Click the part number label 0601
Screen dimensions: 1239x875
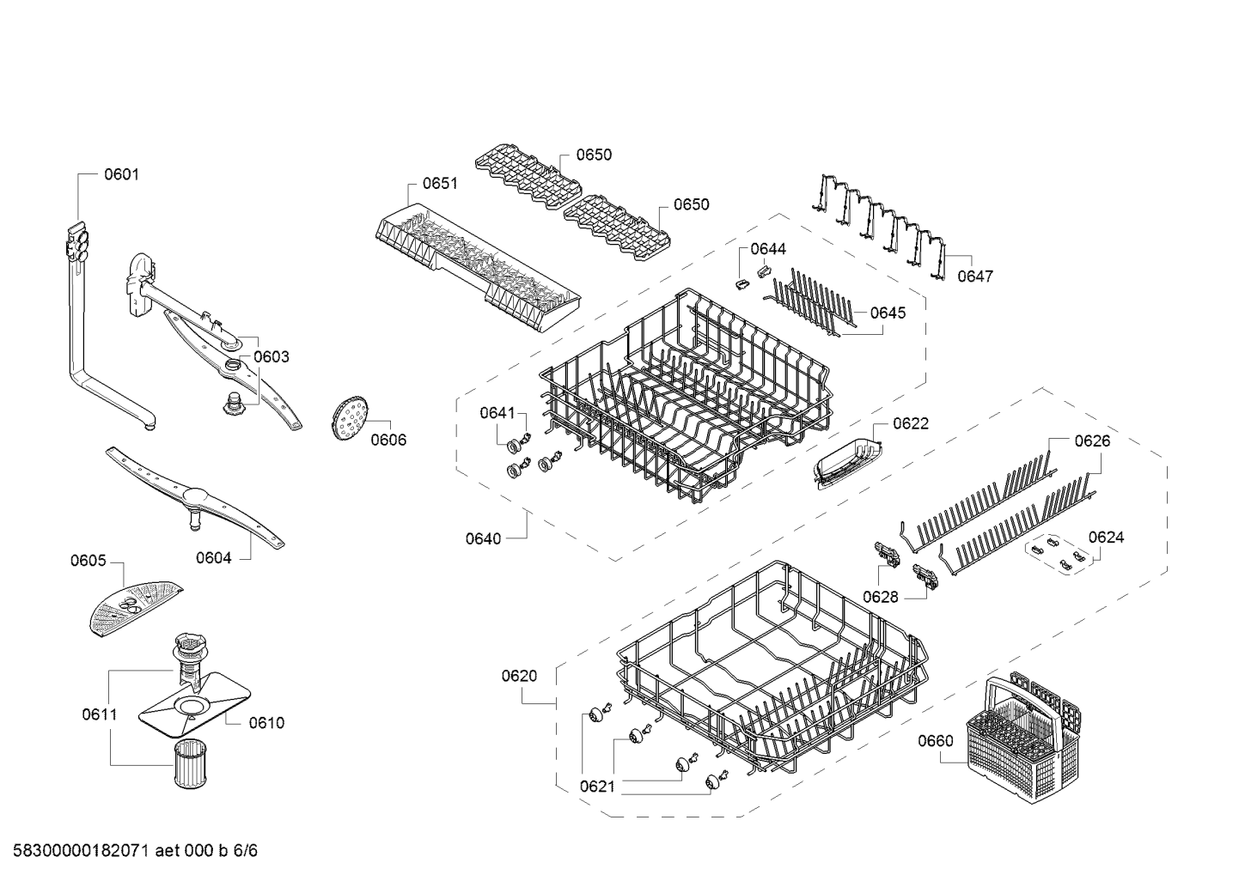(x=122, y=174)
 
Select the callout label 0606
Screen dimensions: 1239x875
(x=388, y=440)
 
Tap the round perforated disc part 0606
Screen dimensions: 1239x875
(x=350, y=418)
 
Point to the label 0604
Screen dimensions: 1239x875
(x=213, y=558)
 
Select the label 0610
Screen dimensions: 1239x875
(x=266, y=723)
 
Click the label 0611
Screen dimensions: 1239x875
(x=100, y=714)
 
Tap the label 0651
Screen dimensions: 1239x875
(x=440, y=184)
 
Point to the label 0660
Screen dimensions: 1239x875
(x=936, y=741)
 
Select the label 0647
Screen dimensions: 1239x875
(x=975, y=276)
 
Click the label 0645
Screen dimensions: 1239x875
(x=888, y=313)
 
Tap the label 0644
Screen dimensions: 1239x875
(x=768, y=249)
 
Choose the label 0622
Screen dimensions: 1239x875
(x=911, y=424)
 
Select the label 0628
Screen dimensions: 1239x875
(x=881, y=597)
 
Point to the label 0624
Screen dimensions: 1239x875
(x=1107, y=538)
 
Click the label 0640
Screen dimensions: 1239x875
(x=484, y=539)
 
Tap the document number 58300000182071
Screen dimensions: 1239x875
(x=81, y=851)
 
